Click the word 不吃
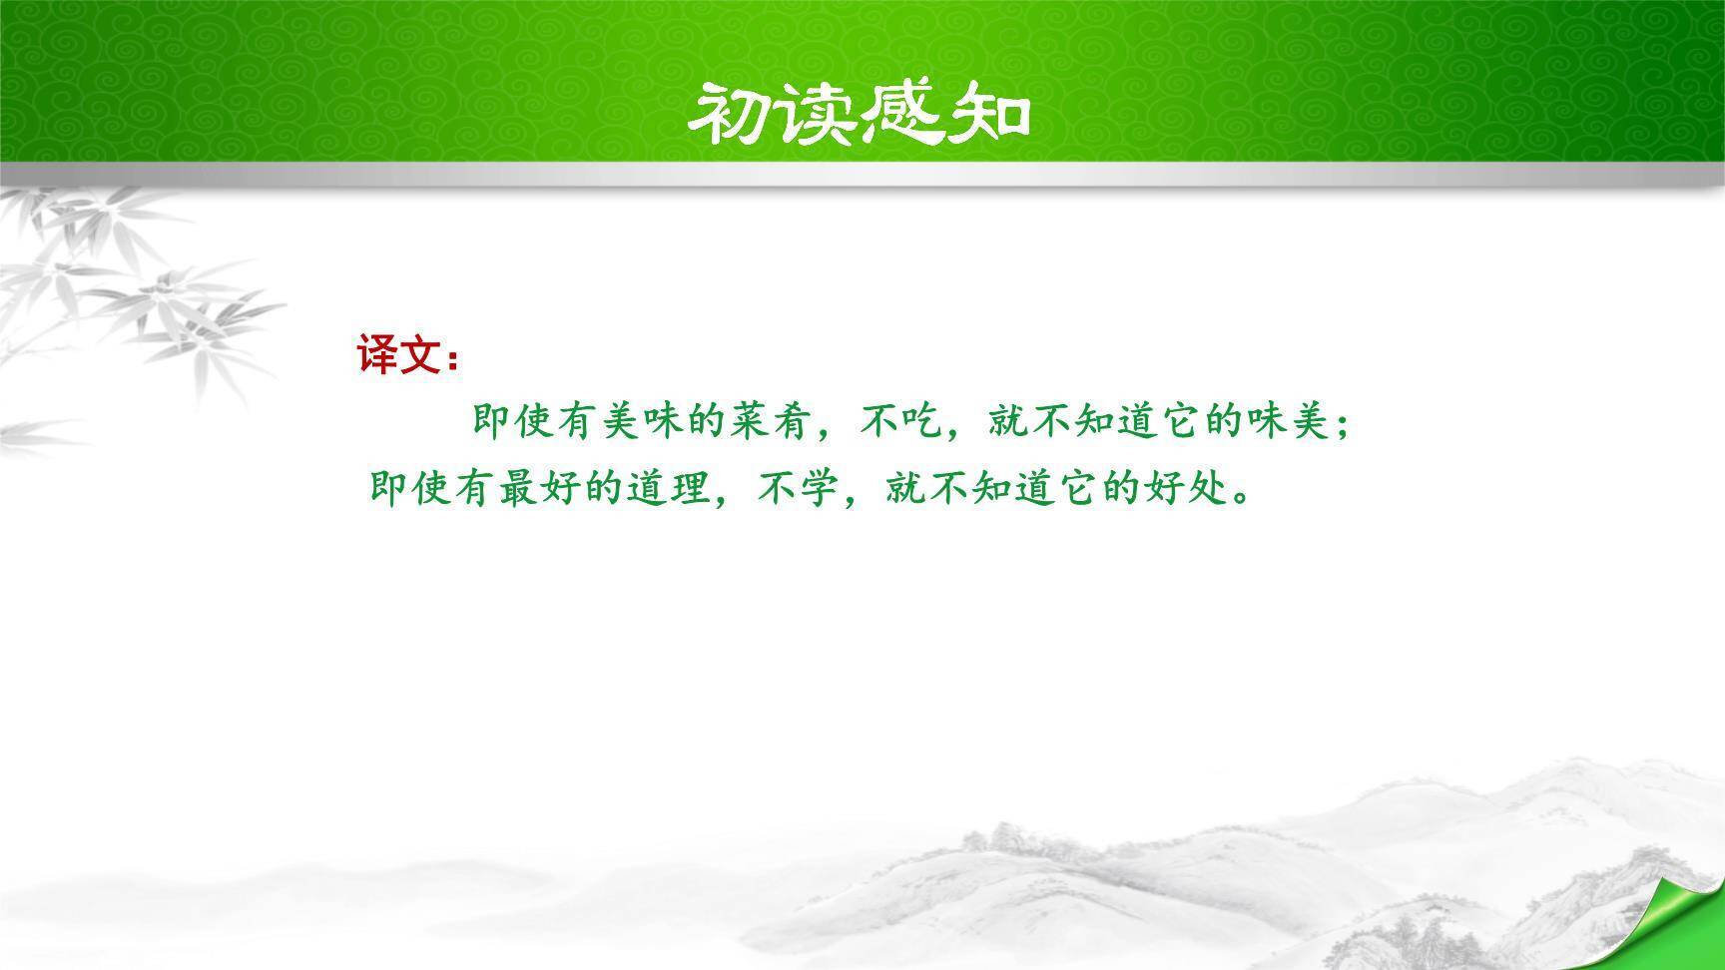902,424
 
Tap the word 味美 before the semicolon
1289,424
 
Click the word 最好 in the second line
540,489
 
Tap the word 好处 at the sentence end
1185,489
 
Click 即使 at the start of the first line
514,424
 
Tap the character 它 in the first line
1181,424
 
